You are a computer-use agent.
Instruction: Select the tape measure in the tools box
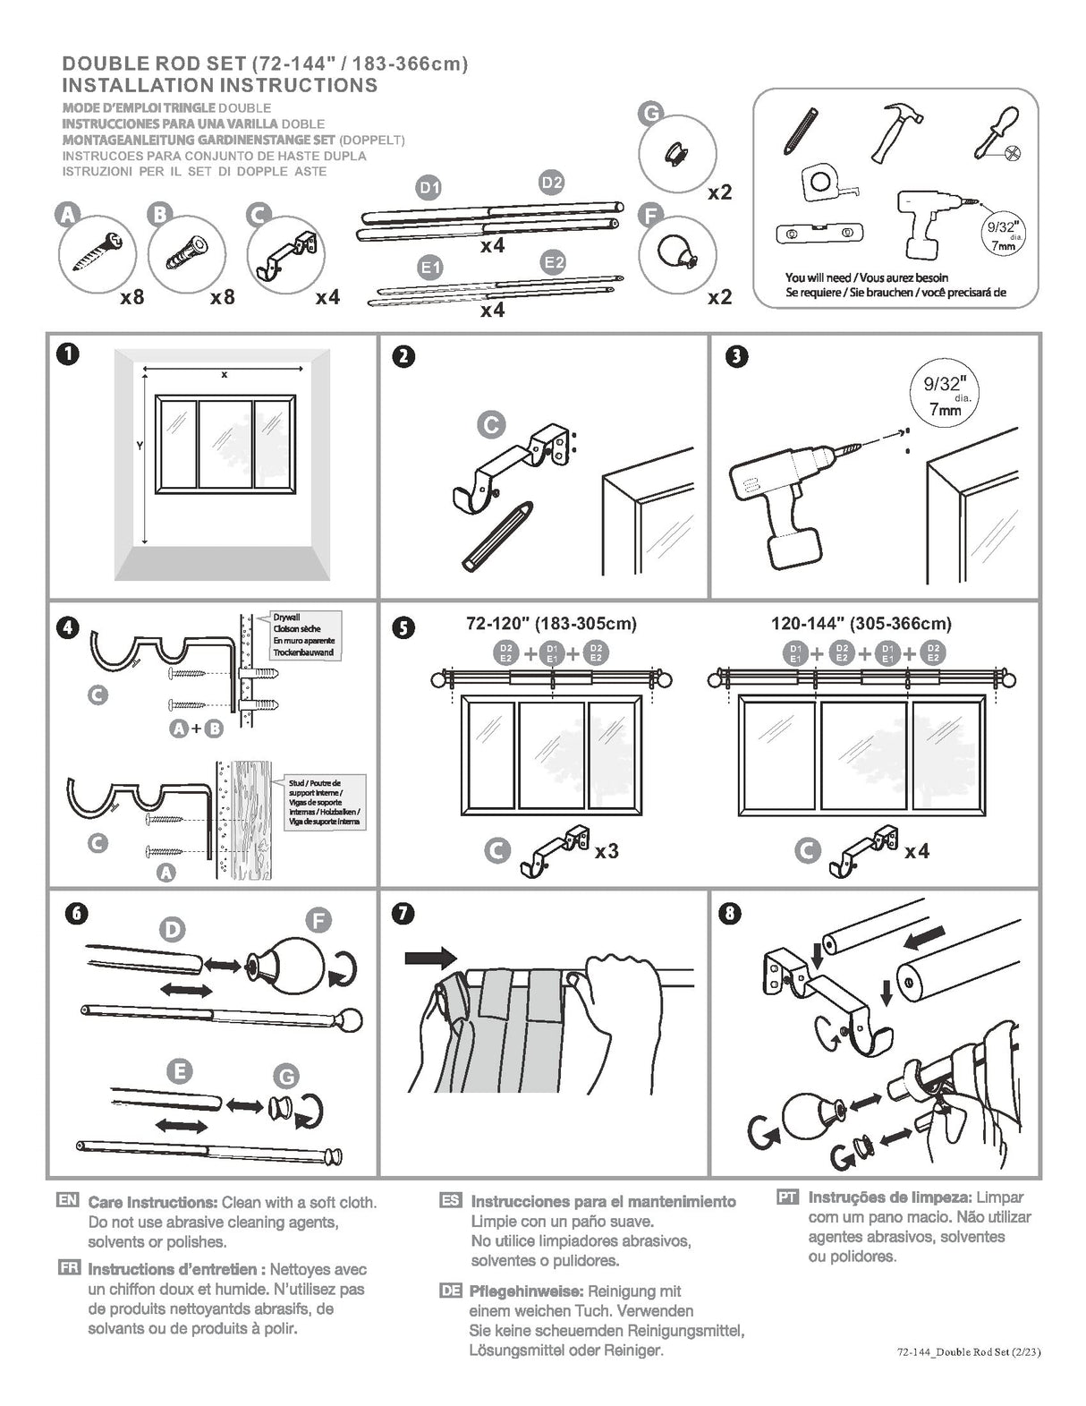[820, 182]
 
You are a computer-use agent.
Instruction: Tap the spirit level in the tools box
[819, 234]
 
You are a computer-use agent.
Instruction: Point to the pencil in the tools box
[801, 129]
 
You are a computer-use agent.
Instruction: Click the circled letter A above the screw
[67, 214]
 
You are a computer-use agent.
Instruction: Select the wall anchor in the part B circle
[186, 255]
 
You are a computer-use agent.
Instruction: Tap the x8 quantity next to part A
[132, 296]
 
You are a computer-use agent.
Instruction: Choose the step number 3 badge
[736, 356]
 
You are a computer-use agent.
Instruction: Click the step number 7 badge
[403, 913]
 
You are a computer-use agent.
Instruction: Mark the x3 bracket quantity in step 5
[607, 851]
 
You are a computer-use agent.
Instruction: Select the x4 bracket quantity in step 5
[916, 851]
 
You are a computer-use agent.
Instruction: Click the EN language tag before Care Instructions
[68, 1201]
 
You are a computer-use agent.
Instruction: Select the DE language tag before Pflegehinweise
[451, 1291]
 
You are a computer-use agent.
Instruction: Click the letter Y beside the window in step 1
[140, 445]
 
